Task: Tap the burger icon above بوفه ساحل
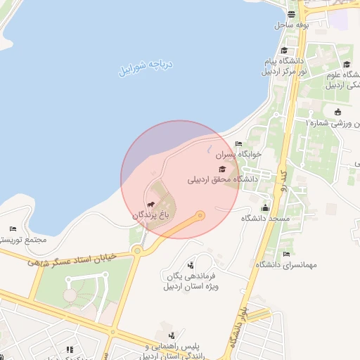click(x=292, y=15)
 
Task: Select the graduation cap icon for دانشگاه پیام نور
click(x=284, y=50)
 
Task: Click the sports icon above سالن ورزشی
click(x=338, y=112)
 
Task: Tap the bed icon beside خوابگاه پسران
click(x=238, y=143)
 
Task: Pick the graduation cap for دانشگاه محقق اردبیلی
click(x=222, y=169)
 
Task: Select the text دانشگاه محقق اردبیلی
click(x=222, y=179)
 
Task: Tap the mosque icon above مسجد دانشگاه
click(x=265, y=207)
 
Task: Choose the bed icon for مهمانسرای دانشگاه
click(x=285, y=254)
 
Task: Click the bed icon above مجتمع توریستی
click(x=13, y=229)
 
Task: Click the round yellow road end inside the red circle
click(x=200, y=215)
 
